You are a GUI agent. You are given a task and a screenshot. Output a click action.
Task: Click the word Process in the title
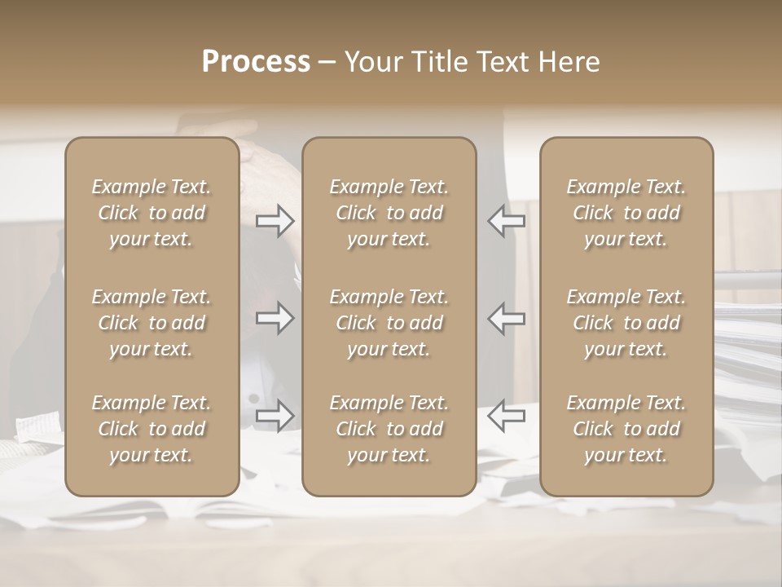pyautogui.click(x=256, y=62)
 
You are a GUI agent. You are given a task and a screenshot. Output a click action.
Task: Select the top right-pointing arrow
pyautogui.click(x=275, y=221)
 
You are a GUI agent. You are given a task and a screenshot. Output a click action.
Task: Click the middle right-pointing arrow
pyautogui.click(x=275, y=318)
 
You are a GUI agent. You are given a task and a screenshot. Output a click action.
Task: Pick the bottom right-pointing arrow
pyautogui.click(x=275, y=416)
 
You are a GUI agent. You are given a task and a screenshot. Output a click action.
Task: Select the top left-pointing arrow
pyautogui.click(x=506, y=221)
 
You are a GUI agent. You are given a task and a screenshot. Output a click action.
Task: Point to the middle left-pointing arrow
pyautogui.click(x=506, y=318)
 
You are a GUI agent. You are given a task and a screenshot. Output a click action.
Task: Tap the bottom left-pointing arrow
pyautogui.click(x=506, y=416)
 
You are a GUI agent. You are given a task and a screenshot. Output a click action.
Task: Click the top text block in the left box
pyautogui.click(x=152, y=213)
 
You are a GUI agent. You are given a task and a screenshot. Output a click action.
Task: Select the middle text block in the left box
pyautogui.click(x=152, y=323)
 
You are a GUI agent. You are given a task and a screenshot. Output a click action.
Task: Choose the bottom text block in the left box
pyautogui.click(x=152, y=429)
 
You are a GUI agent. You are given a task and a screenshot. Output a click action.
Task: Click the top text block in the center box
pyautogui.click(x=389, y=213)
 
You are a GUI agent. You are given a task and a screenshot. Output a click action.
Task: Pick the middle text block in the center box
pyautogui.click(x=389, y=323)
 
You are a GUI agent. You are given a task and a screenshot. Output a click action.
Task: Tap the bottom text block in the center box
pyautogui.click(x=389, y=429)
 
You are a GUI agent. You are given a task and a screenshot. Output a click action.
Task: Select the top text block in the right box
pyautogui.click(x=626, y=213)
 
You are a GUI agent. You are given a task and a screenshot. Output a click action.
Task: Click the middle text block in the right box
pyautogui.click(x=626, y=323)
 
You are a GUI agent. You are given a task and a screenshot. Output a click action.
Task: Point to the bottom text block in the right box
pyautogui.click(x=626, y=429)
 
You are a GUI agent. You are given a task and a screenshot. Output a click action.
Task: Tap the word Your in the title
pyautogui.click(x=371, y=62)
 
